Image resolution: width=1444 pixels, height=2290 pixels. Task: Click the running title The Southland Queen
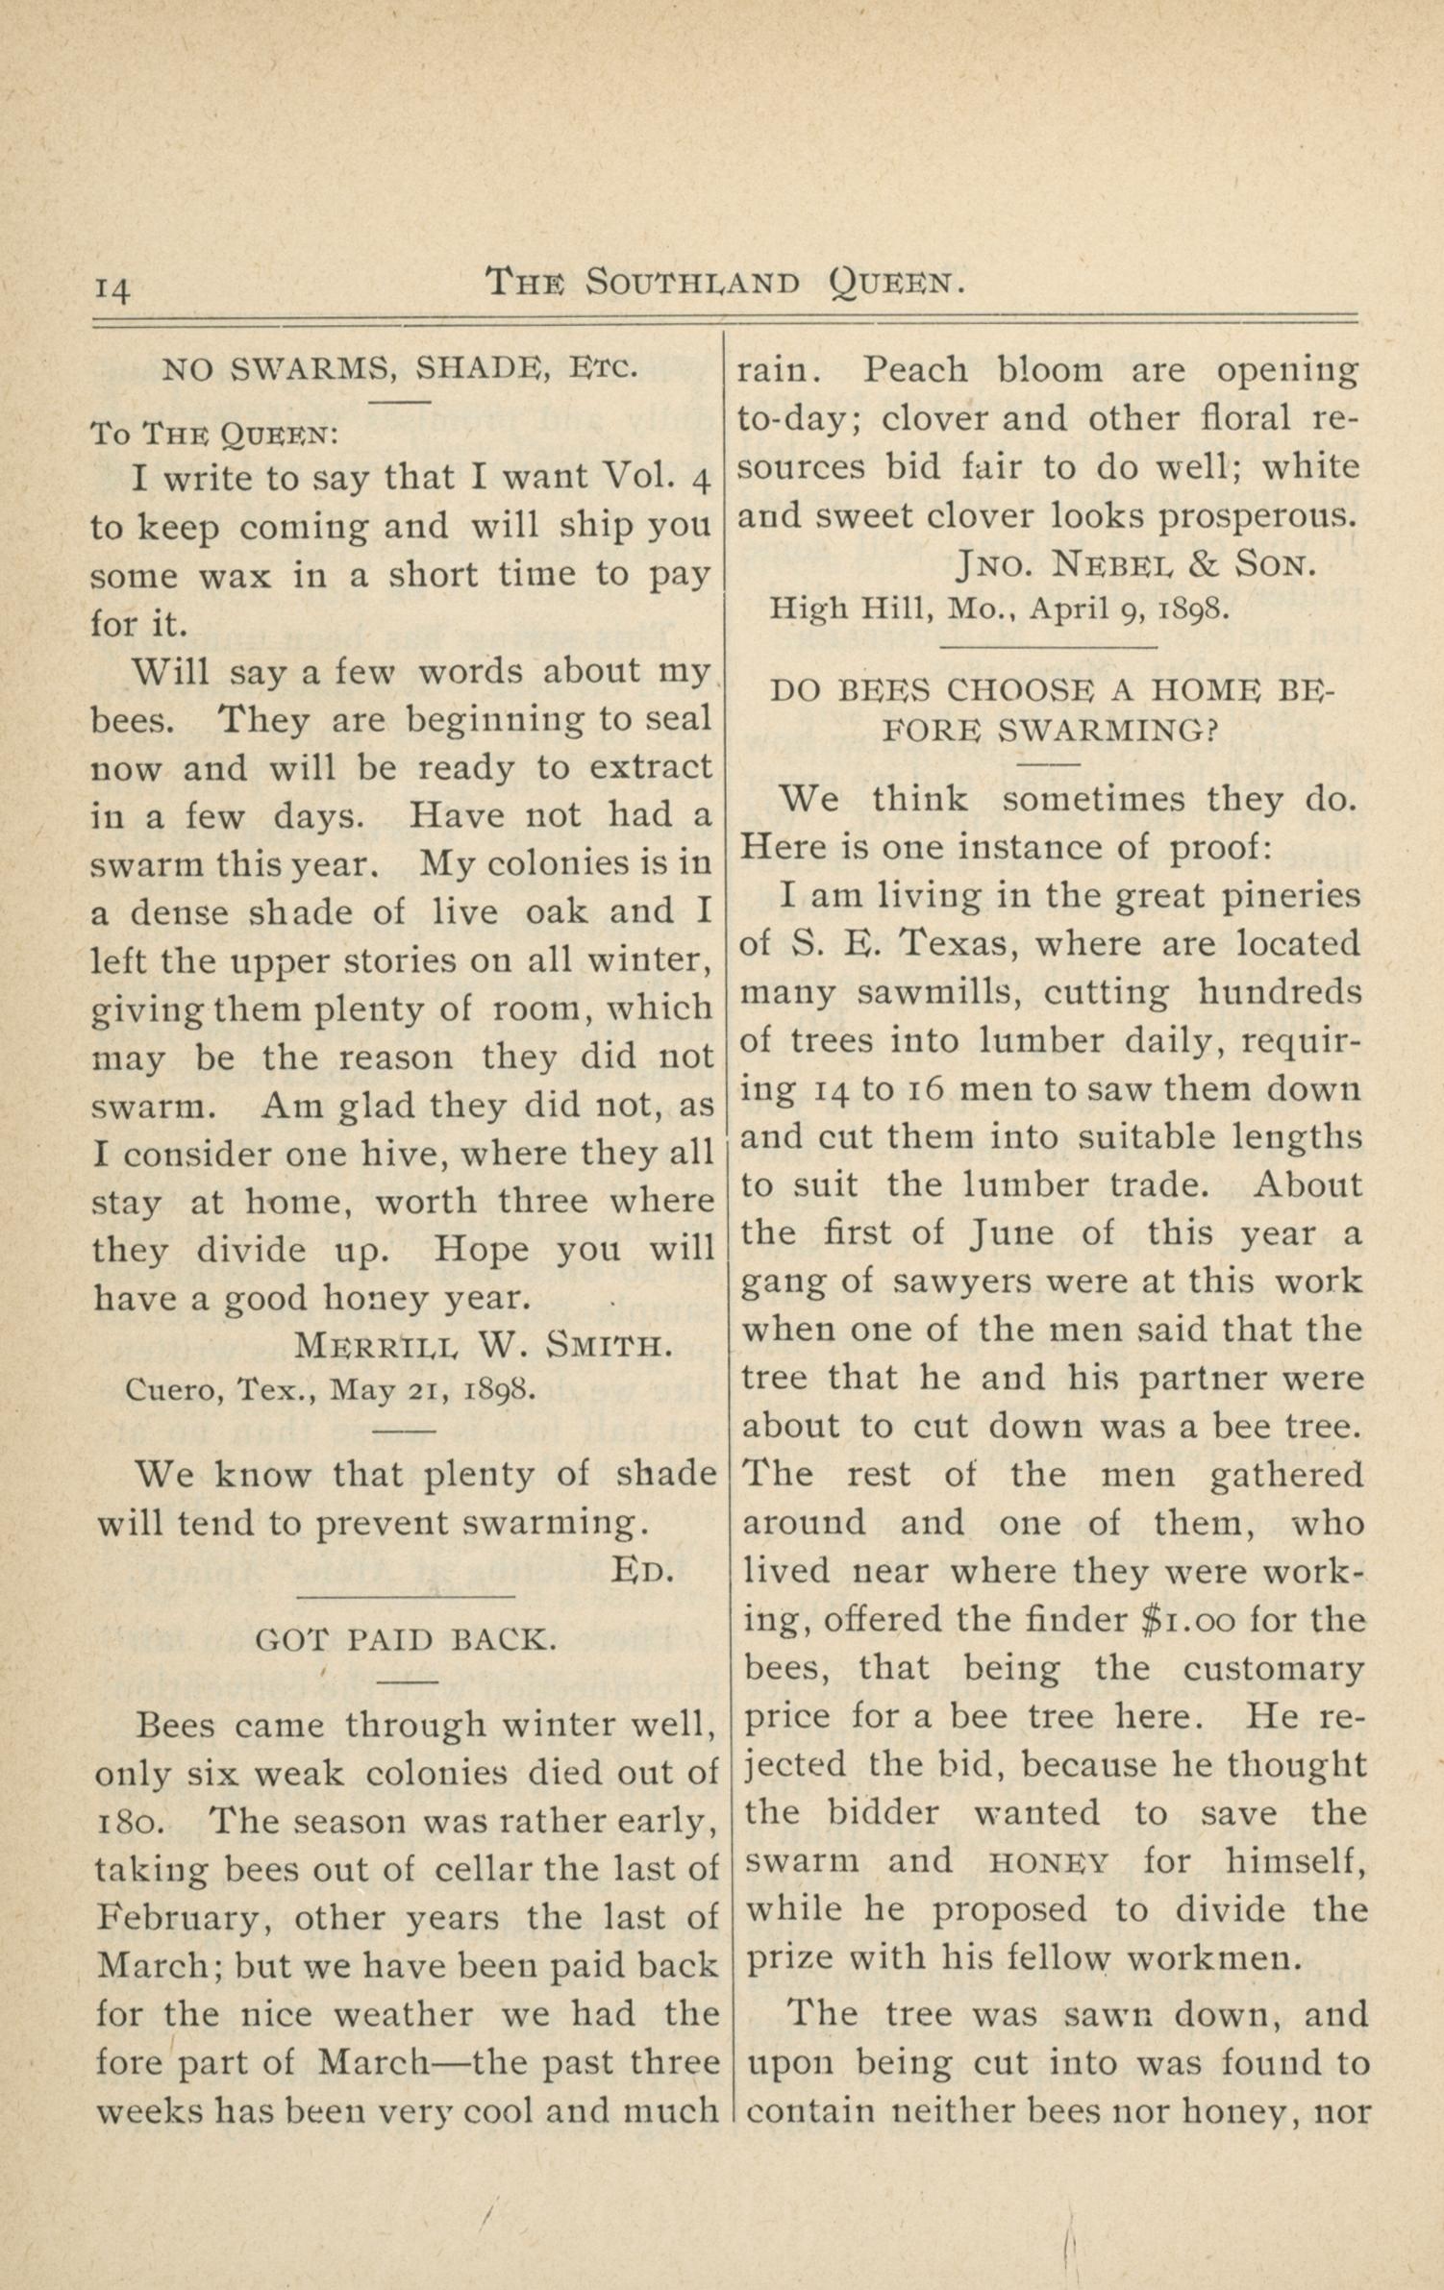[724, 282]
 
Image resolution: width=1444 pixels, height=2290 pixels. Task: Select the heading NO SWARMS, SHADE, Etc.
[399, 368]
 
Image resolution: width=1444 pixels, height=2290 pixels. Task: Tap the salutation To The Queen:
[213, 434]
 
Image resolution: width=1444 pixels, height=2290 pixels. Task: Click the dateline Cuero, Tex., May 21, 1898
[326, 1389]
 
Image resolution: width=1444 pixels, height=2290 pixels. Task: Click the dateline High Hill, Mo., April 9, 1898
[997, 608]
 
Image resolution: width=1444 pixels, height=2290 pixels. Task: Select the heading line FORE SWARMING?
[1050, 731]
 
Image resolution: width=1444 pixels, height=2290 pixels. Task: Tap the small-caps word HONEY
[1049, 1862]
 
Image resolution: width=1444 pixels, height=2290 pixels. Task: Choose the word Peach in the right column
[913, 370]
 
